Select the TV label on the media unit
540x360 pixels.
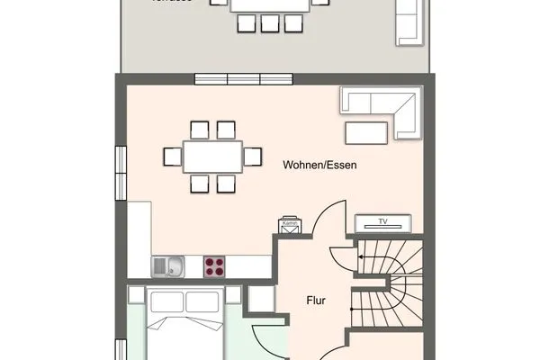382,222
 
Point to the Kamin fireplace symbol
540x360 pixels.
289,226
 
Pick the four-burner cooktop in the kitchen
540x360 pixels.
214,265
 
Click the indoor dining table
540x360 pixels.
212,157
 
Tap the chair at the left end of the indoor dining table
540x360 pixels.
172,157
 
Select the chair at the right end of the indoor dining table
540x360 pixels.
253,157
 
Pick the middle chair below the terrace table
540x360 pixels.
270,23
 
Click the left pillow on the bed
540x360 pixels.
166,302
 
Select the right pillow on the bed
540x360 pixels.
205,302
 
